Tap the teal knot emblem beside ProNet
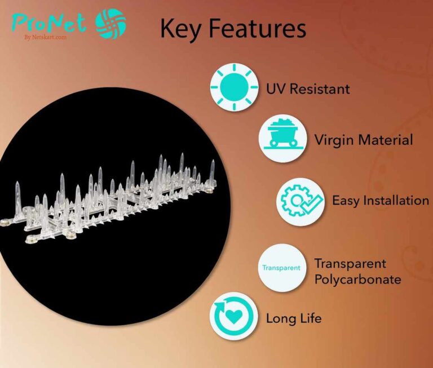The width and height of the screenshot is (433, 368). pos(111,24)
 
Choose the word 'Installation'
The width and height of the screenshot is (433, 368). pos(396,200)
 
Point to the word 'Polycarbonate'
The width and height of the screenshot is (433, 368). pos(357,280)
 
